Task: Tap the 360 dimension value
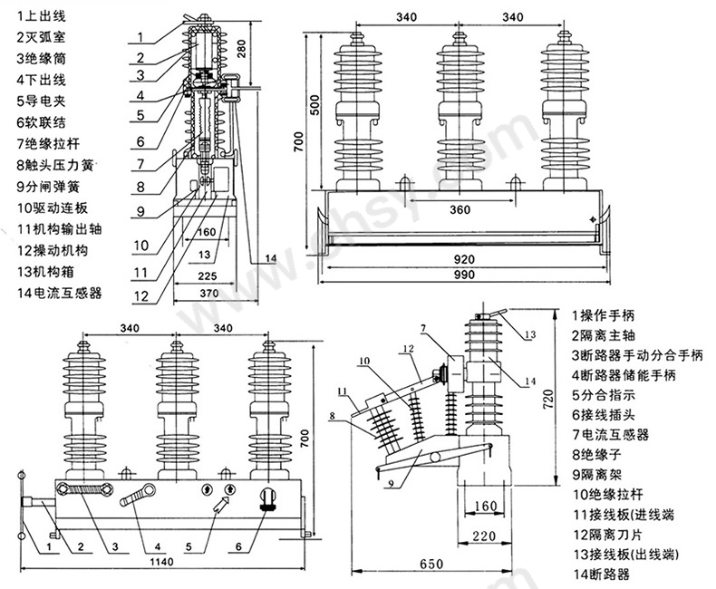(460, 210)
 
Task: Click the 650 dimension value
(431, 564)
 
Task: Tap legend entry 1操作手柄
(603, 315)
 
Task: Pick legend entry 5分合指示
(603, 395)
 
